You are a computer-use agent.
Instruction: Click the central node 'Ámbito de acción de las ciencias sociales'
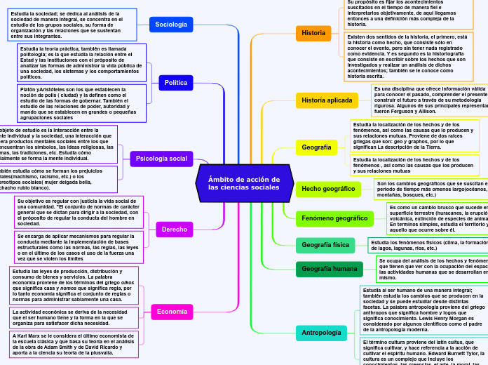(244, 183)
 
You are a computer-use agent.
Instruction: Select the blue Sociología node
(171, 25)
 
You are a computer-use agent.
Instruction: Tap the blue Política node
(175, 83)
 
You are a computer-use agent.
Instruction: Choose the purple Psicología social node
(161, 159)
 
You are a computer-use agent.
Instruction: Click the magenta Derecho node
(175, 229)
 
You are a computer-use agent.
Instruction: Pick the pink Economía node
(172, 311)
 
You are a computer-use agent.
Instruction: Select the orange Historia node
(313, 33)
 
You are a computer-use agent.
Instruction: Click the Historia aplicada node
(327, 100)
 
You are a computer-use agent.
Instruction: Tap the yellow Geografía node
(316, 147)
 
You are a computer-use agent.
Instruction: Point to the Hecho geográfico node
(329, 189)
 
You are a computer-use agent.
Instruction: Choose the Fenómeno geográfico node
(334, 218)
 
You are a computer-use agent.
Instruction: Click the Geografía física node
(325, 245)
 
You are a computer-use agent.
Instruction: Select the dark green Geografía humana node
(330, 269)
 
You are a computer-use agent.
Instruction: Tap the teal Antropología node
(321, 332)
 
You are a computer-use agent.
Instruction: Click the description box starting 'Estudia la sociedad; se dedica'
(73, 25)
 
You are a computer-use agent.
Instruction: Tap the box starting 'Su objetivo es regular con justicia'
(79, 212)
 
